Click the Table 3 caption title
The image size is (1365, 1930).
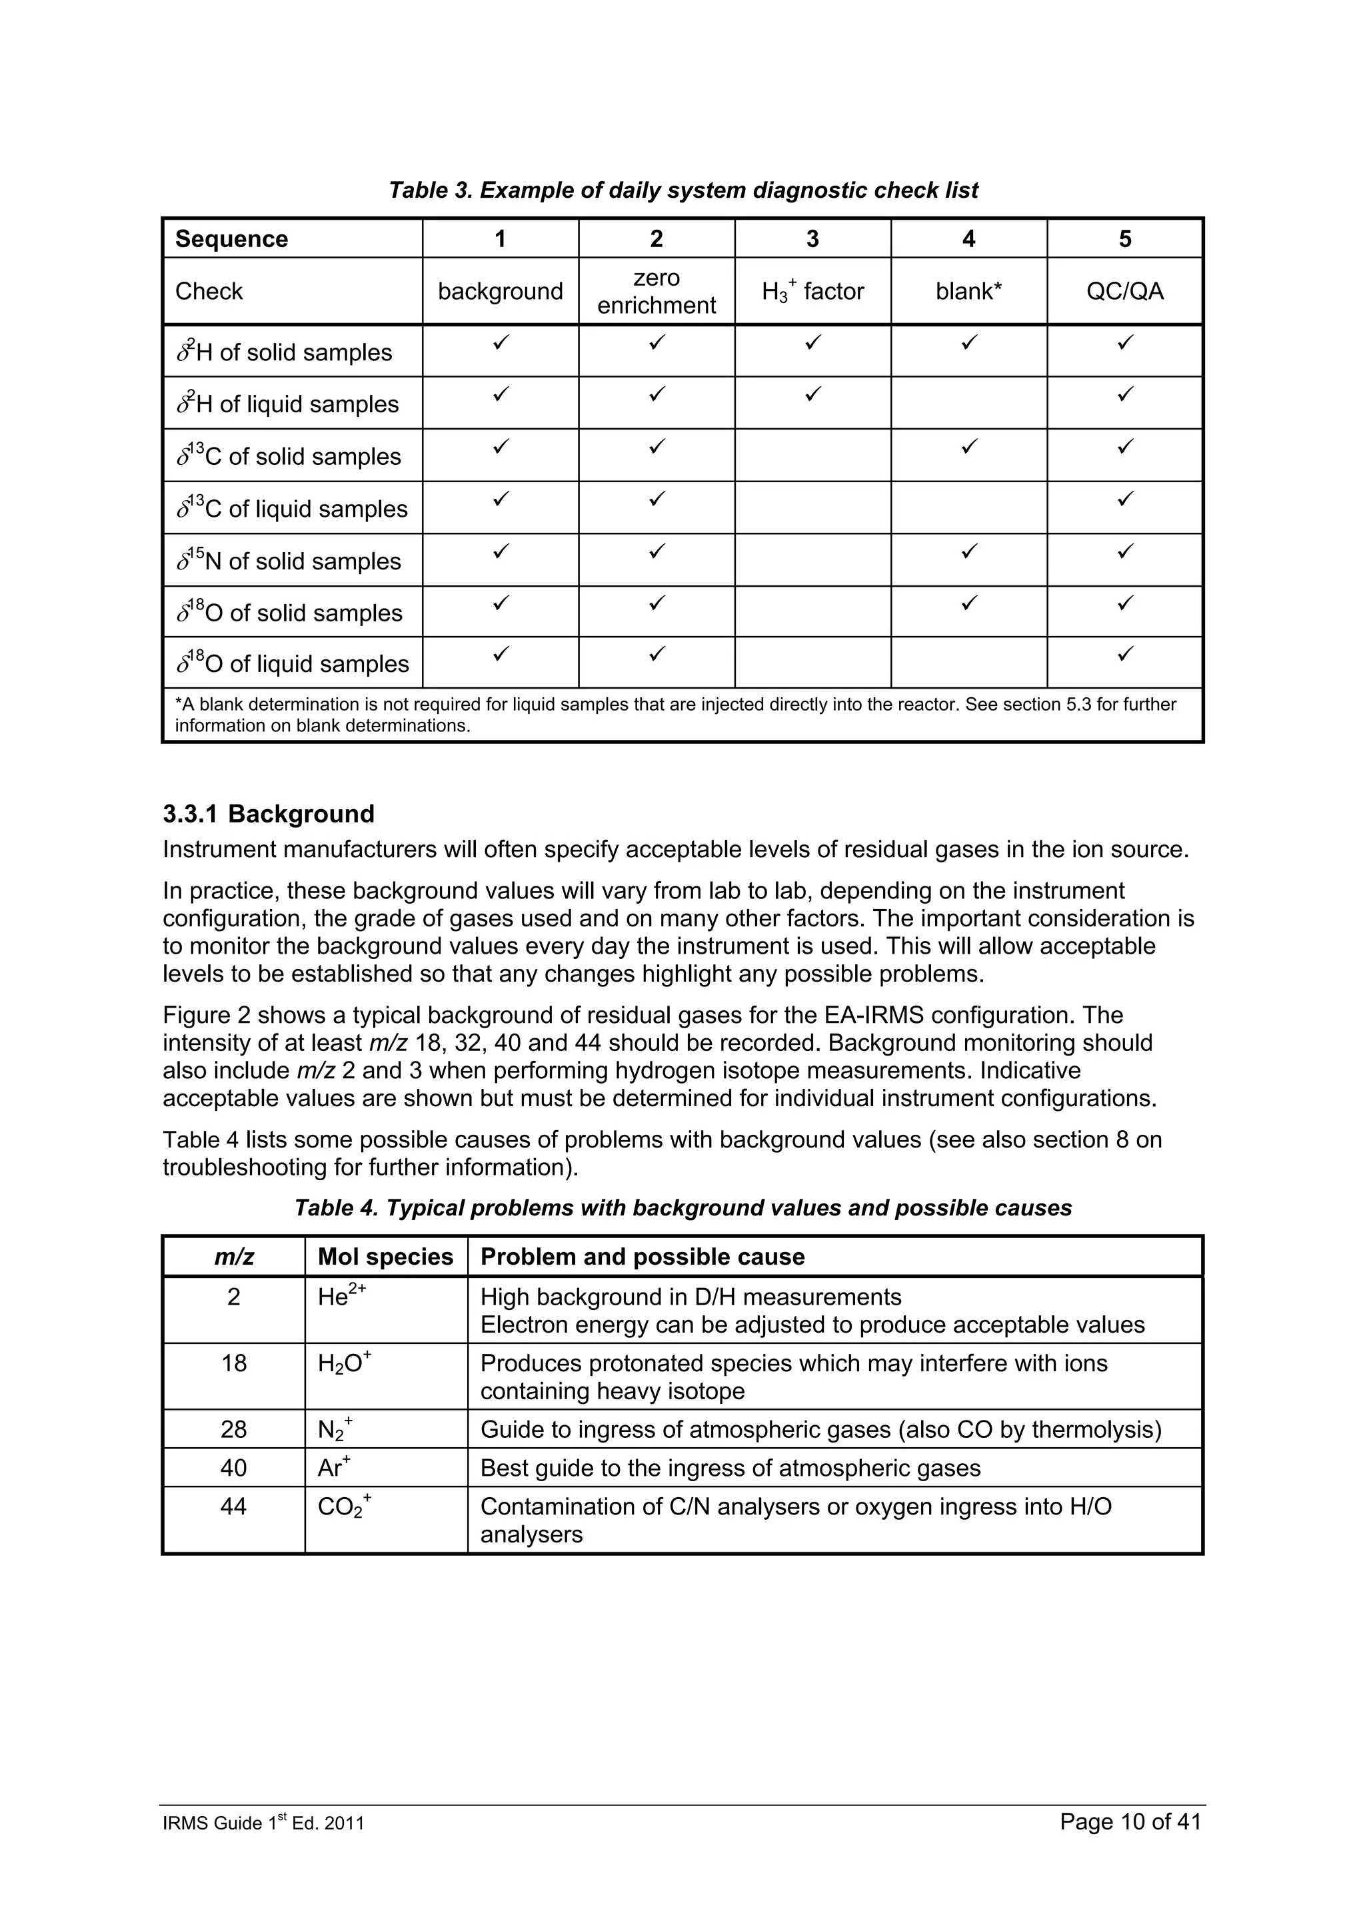pos(683,191)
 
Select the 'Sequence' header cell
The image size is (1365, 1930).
pos(231,240)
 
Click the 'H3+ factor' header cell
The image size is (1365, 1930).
pos(812,292)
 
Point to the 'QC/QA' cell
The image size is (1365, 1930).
pos(1124,292)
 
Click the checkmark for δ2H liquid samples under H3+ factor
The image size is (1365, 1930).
pos(812,394)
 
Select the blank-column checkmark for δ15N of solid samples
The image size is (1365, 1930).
pos(969,551)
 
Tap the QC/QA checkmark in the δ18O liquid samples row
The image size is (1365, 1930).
pos(1124,653)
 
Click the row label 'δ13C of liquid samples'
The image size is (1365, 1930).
pos(292,509)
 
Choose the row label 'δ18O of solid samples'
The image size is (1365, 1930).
pos(289,613)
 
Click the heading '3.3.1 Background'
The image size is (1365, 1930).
pos(269,814)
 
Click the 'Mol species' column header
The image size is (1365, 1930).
pos(385,1257)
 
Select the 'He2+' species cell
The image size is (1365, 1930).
pos(341,1297)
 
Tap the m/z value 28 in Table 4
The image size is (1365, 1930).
pos(234,1430)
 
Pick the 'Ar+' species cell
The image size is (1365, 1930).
pos(334,1468)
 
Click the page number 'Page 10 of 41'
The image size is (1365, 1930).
pos(1130,1821)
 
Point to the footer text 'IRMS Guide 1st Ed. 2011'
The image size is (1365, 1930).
pos(263,1823)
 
